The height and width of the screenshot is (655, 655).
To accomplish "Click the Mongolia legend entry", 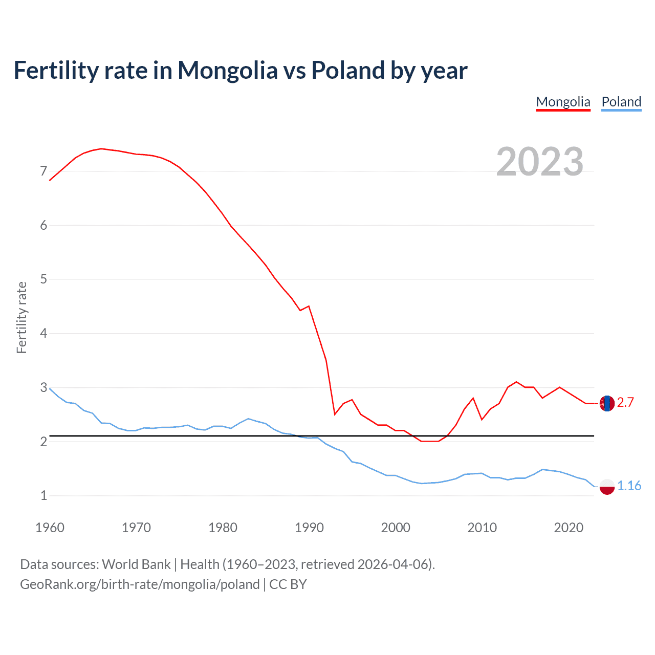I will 563,102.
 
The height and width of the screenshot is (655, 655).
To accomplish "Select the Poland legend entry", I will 621,102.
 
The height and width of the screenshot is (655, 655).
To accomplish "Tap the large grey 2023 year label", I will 539,162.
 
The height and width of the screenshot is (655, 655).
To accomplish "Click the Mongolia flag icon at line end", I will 607,403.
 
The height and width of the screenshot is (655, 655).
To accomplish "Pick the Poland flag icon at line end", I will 607,486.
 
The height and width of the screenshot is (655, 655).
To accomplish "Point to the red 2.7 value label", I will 625,403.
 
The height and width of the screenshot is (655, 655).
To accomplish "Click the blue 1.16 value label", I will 629,486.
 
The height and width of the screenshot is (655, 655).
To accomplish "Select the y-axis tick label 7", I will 43,171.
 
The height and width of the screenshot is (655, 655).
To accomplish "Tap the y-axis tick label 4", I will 43,333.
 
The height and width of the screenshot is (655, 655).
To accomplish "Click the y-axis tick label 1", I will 43,495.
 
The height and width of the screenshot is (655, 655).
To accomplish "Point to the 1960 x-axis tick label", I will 50,528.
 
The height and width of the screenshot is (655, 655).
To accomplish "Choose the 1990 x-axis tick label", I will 309,528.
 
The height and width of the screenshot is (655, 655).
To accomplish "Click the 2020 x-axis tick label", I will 569,528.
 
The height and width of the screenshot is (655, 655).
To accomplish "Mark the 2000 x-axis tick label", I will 396,528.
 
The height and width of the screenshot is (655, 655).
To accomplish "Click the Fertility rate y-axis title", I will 21,317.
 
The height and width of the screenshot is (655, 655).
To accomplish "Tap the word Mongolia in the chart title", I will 227,71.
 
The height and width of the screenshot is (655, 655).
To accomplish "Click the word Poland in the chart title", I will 348,71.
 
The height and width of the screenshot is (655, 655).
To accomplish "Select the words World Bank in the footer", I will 136,564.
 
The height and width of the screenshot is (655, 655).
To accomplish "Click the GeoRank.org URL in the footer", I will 140,584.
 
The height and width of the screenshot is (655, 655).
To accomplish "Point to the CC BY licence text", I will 288,584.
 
